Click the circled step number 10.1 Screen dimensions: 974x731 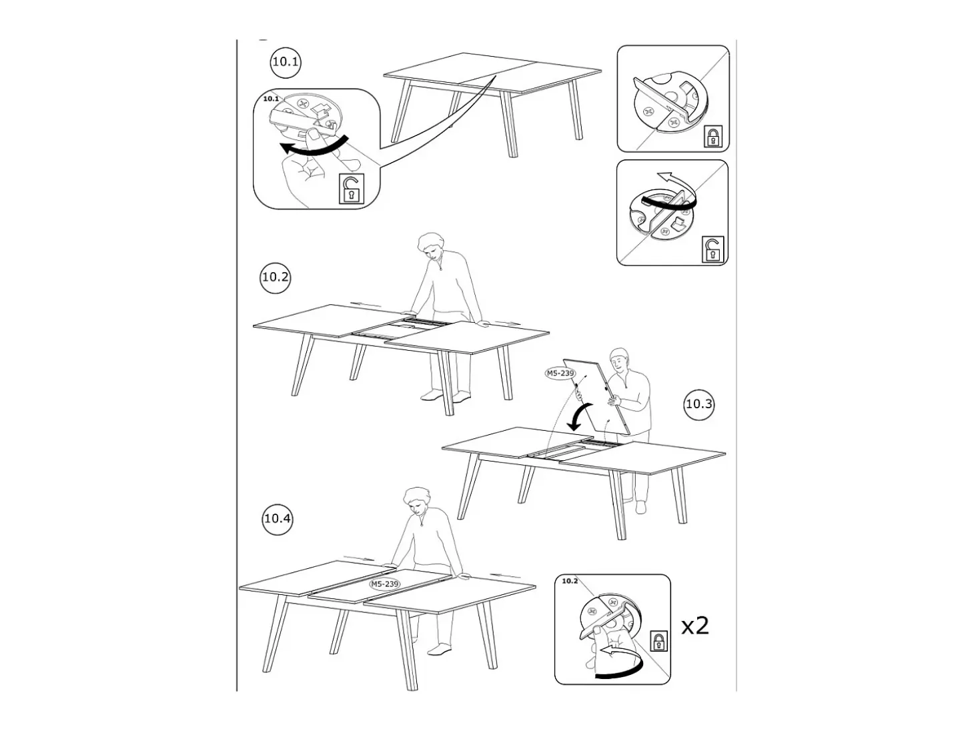click(286, 61)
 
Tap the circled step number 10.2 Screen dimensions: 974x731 click(275, 277)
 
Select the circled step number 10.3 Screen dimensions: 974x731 click(699, 404)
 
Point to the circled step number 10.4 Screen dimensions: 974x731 click(277, 518)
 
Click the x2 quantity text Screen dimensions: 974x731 click(695, 626)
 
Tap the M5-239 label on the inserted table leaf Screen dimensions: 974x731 click(385, 584)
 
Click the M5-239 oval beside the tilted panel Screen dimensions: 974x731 click(560, 374)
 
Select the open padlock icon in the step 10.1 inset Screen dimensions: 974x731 click(351, 189)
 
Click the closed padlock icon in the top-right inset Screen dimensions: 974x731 click(713, 136)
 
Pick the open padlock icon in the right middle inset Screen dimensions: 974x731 click(712, 249)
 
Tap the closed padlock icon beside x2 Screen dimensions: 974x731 click(658, 641)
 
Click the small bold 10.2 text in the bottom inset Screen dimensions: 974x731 click(569, 581)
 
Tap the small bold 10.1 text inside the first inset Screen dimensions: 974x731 click(271, 99)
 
